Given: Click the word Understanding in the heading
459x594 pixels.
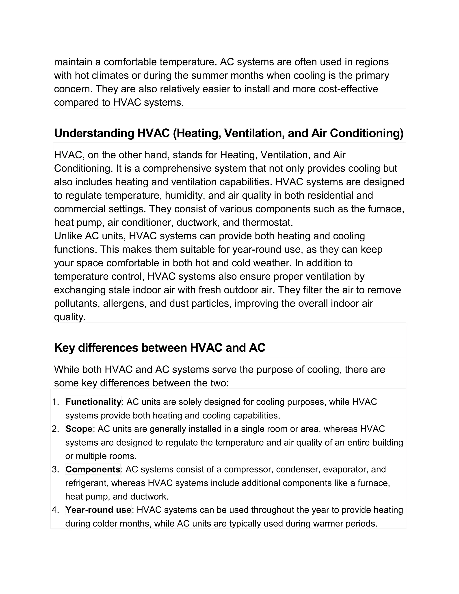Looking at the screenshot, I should [x=94, y=133].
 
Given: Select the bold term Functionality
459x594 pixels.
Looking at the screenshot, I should [x=93, y=402].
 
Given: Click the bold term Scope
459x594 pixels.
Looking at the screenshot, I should [x=79, y=429].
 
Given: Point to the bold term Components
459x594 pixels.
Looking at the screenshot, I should [x=93, y=469].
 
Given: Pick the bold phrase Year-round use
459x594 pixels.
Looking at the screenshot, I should [x=98, y=510].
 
